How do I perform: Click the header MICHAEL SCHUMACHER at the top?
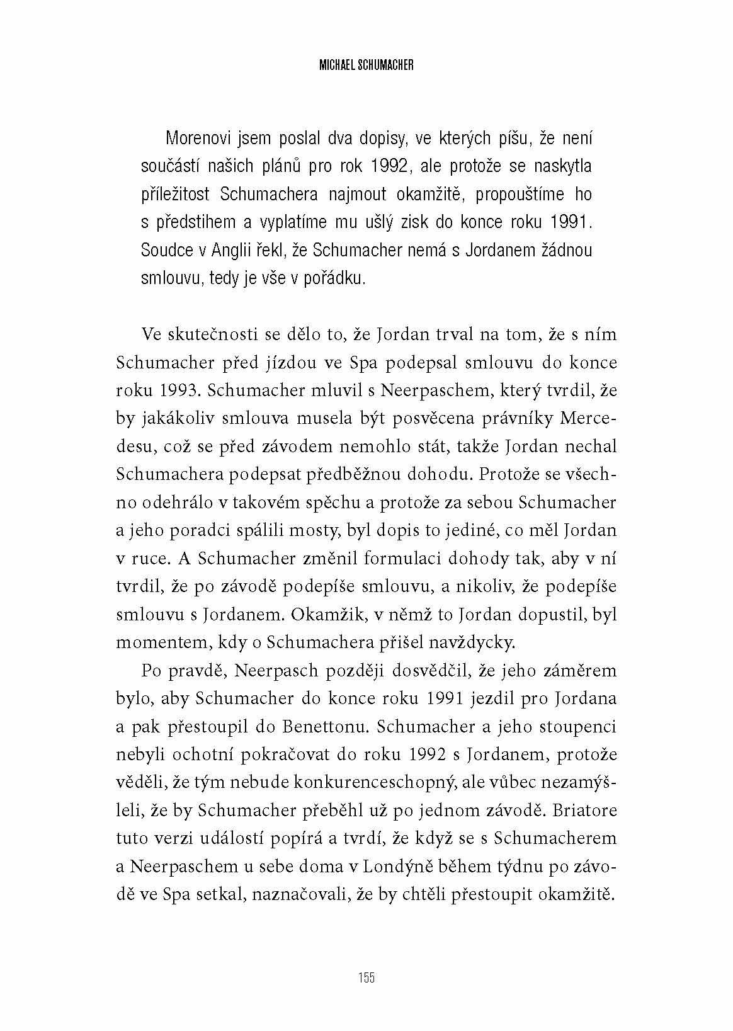pos(366,65)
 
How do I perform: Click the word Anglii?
pos(234,250)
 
